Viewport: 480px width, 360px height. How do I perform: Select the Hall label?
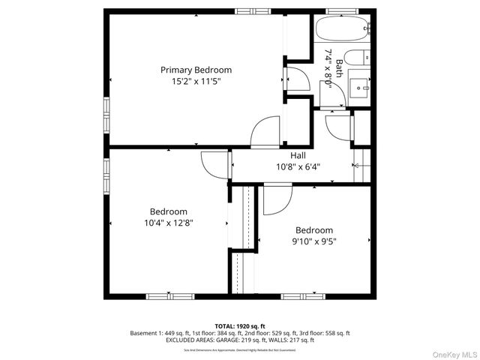298,156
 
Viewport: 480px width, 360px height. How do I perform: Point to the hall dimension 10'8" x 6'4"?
298,166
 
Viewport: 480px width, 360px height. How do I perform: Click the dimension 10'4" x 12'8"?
168,223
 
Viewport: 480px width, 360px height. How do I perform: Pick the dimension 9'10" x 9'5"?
313,241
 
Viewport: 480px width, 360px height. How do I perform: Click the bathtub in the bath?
342,30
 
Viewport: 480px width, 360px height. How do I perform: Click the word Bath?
339,68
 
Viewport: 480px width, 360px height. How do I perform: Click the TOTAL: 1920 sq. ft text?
240,326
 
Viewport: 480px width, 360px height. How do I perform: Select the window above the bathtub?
342,11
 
